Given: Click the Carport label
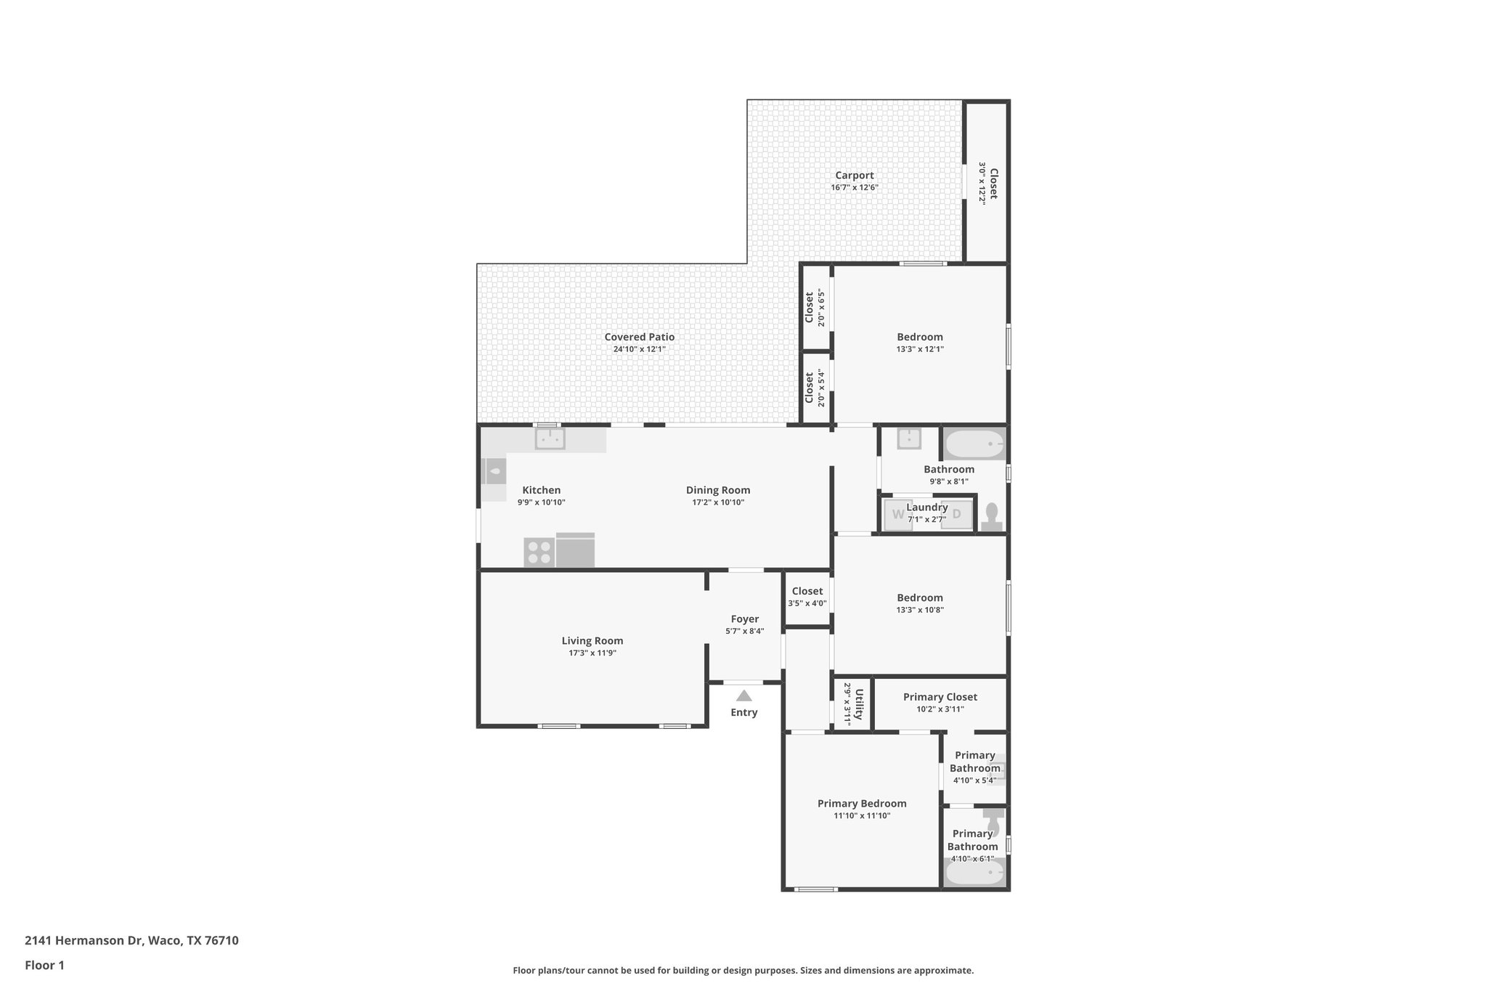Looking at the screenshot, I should pos(854,175).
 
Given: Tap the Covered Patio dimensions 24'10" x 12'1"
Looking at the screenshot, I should pos(639,349).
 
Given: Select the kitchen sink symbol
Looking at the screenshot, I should pos(550,439).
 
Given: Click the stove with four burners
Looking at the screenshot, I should pos(539,552).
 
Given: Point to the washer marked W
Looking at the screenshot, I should pos(898,515).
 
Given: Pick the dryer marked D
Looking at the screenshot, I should pos(956,515).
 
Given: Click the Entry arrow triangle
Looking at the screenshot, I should pos(744,696).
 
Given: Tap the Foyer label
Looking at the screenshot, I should pos(744,619).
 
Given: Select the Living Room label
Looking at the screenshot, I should pos(592,640).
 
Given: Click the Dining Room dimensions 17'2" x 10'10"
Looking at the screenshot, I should pos(717,502).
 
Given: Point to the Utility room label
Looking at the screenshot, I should pos(859,704).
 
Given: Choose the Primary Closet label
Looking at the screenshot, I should pos(940,697).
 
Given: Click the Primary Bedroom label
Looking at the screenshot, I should pos(862,803).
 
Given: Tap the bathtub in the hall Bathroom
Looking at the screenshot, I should pos(974,443).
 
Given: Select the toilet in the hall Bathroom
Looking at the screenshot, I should pos(992,518).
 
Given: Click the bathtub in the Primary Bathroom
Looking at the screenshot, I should pos(974,873).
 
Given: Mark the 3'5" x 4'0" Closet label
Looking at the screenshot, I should pos(807,591).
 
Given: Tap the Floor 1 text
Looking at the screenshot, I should pos(44,965).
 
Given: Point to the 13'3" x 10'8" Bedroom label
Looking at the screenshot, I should pos(919,598).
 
